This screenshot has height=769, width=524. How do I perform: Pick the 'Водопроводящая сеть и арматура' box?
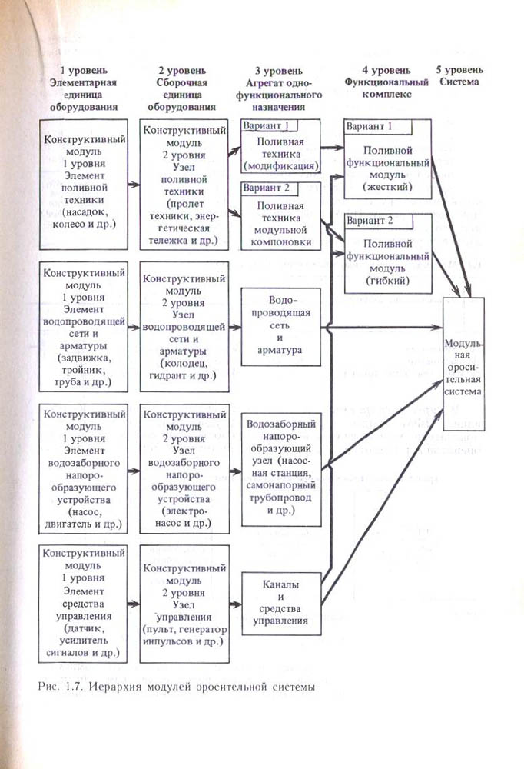pyautogui.click(x=280, y=325)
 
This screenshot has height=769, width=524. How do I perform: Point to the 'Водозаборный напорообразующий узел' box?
pyautogui.click(x=280, y=469)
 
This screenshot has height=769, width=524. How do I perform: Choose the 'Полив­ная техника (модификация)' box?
pyautogui.click(x=280, y=155)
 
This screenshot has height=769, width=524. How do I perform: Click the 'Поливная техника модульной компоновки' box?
pyautogui.click(x=280, y=224)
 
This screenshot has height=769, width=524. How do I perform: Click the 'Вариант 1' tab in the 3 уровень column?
pyautogui.click(x=266, y=126)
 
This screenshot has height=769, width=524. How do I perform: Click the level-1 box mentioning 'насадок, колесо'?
pyautogui.click(x=83, y=182)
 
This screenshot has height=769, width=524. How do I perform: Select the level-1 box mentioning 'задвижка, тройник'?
pyautogui.click(x=83, y=327)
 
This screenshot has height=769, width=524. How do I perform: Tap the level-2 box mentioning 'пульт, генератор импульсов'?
pyautogui.click(x=184, y=603)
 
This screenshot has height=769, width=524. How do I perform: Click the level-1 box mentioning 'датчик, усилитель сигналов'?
pyautogui.click(x=83, y=603)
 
